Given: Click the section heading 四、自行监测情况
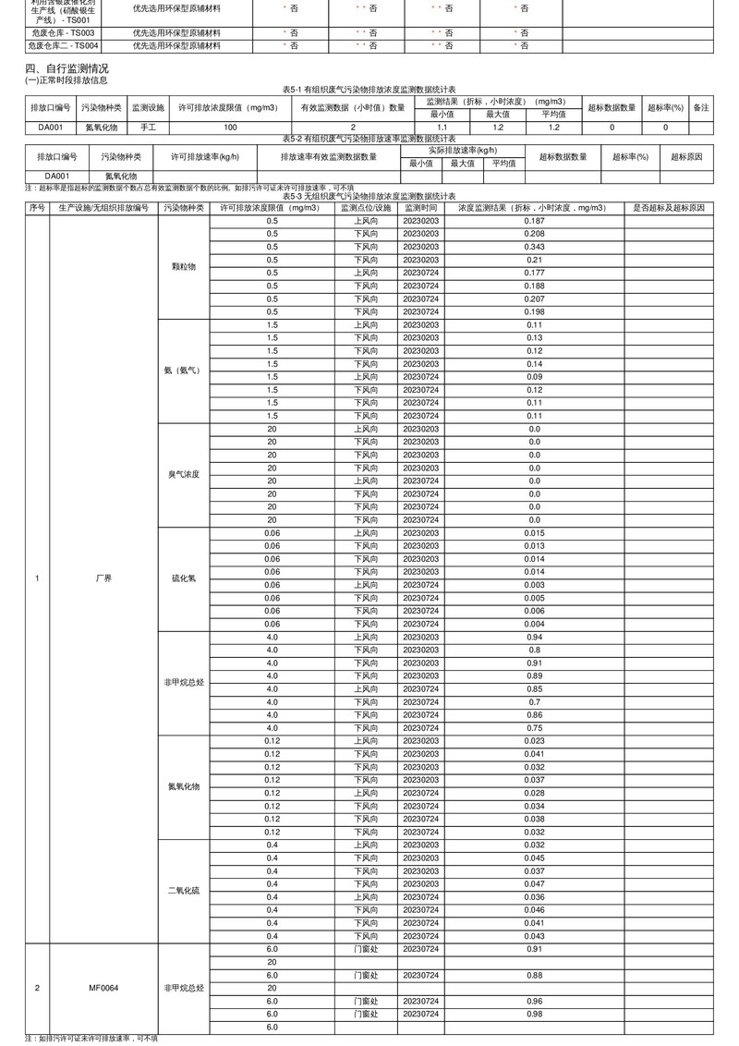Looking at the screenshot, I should [67, 68].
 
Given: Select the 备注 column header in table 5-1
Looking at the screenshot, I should [701, 107].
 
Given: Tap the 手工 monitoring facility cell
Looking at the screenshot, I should [148, 127].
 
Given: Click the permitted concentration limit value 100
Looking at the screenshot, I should [230, 127].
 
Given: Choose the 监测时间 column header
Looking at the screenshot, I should [420, 209].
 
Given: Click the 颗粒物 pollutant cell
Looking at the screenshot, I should [184, 266].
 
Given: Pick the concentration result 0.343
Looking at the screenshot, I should [534, 248].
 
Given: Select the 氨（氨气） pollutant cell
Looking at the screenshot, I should [184, 371].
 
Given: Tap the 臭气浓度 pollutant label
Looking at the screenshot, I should [184, 474].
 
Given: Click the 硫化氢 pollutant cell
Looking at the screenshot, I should [184, 578].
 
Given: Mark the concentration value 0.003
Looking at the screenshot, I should [534, 585].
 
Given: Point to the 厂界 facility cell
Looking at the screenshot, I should [103, 578].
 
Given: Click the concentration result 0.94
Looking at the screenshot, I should [534, 638].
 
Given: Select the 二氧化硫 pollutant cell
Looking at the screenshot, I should [184, 891].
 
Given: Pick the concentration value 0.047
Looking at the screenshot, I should [534, 884].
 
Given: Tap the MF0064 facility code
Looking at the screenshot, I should [103, 988].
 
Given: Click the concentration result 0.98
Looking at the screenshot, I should [534, 1014].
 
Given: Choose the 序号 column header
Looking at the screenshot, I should [37, 209].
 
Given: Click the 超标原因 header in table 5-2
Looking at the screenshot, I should [686, 157].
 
